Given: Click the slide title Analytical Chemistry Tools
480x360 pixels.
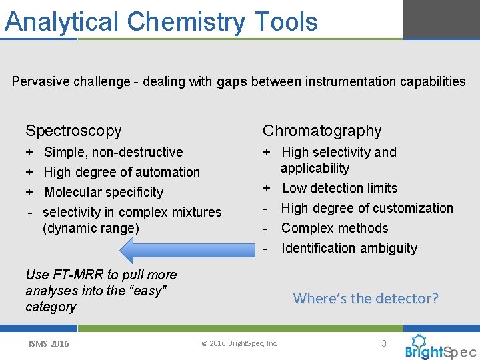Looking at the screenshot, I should tap(161, 21).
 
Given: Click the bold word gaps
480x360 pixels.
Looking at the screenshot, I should tap(232, 82).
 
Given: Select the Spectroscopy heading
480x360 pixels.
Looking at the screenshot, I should tap(73, 131).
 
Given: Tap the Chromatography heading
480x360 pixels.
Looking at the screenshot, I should tap(322, 131).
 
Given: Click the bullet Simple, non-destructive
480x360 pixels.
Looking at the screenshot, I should tap(113, 152).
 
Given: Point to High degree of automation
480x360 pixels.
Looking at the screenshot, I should tap(121, 172).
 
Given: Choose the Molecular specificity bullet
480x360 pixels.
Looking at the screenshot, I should tap(103, 192).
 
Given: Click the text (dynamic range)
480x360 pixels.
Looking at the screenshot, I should tap(91, 228).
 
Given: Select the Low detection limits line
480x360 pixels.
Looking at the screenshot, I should tap(339, 188).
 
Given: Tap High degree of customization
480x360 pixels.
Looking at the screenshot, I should tap(367, 208).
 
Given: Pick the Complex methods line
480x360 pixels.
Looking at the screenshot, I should tap(335, 228).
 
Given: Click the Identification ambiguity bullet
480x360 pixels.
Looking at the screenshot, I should tap(349, 248).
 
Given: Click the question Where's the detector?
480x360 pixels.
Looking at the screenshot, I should tap(366, 298).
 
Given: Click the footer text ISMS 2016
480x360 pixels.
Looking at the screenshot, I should tap(48, 343).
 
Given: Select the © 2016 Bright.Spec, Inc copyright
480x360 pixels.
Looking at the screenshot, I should tap(239, 343).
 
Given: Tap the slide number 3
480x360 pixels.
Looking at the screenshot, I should tap(383, 343).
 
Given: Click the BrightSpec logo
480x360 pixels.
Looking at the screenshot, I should tap(440, 347).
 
